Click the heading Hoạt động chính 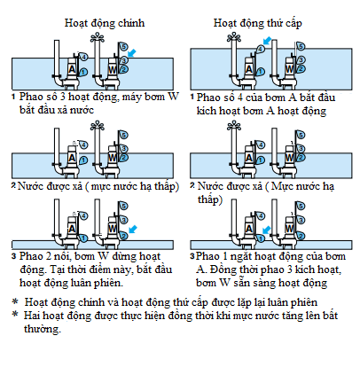105,23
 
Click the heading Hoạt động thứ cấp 258,23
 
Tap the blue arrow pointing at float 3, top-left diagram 132,53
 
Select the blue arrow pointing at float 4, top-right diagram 268,41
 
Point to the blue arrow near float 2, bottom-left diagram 133,229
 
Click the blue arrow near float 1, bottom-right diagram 267,230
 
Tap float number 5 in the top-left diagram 123,46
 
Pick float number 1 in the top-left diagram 83,72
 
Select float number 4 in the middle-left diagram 83,144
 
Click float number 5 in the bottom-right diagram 301,206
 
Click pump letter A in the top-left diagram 72,70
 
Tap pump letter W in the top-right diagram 290,69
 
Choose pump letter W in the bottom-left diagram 113,229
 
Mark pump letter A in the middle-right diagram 249,158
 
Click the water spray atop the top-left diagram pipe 98,38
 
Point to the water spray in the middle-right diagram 234,127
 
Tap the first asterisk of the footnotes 15,301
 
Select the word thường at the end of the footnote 43,329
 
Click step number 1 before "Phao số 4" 192,97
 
